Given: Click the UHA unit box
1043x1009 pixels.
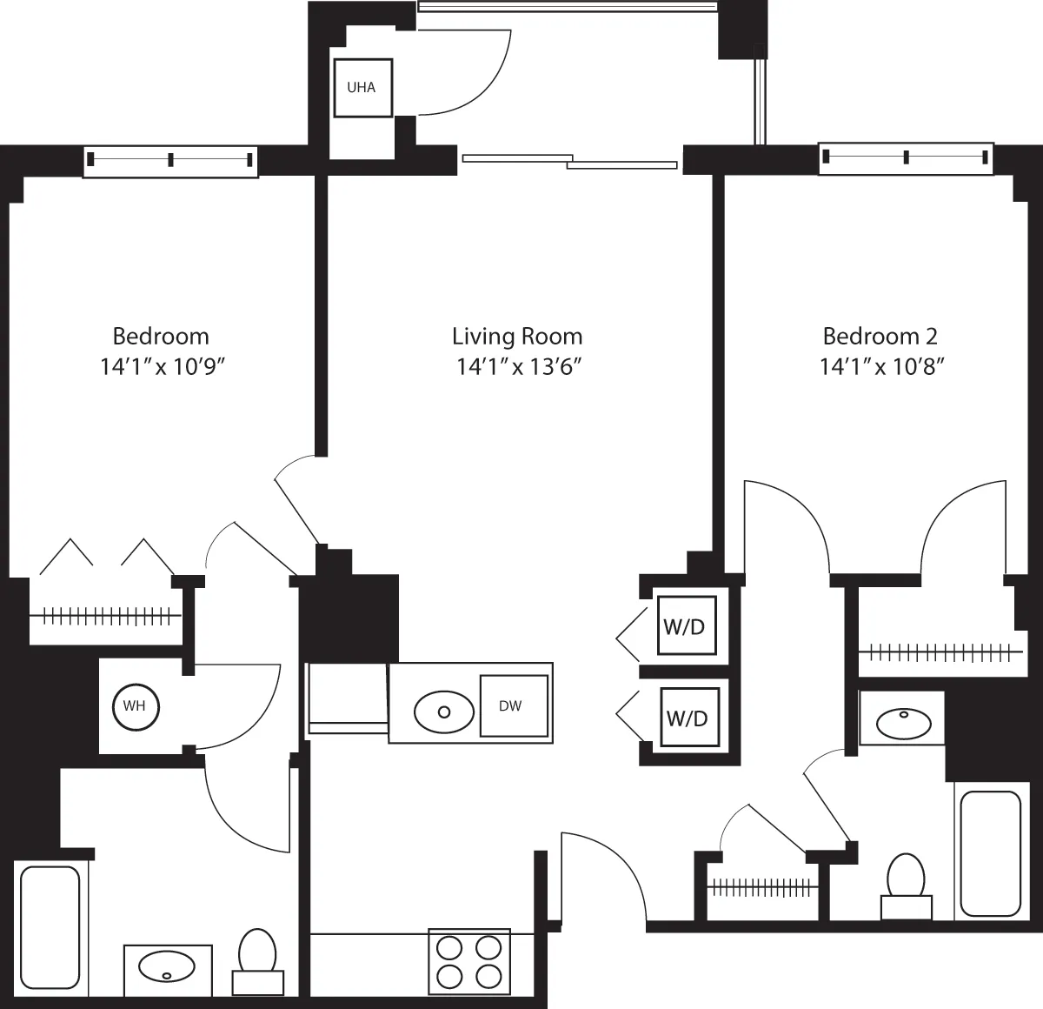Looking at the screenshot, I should coord(362,88).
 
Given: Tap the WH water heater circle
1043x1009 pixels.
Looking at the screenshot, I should coord(134,705).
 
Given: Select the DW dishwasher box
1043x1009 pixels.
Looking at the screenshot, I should coord(515,706).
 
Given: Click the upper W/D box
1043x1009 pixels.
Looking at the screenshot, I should coord(686,626).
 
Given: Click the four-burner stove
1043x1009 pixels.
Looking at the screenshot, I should coord(469,960).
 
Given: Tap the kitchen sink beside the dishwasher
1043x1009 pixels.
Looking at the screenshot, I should coord(444,712).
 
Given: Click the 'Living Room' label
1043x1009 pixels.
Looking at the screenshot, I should coord(517,337).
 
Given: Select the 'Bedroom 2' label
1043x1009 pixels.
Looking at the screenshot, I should coord(880,337).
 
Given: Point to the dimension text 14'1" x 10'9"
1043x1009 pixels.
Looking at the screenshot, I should coord(163,366).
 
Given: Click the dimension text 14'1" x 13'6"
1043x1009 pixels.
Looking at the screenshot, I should coord(519,366).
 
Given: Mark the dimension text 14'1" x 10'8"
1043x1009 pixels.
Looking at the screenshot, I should coord(881,366).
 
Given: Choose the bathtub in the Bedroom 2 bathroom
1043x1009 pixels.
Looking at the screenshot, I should coord(990,852).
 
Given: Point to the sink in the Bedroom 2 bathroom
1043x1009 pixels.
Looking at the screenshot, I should coord(902,721).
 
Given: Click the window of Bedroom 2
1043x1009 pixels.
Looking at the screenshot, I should coord(906,157).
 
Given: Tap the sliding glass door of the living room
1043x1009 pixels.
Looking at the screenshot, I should coord(569,161).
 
